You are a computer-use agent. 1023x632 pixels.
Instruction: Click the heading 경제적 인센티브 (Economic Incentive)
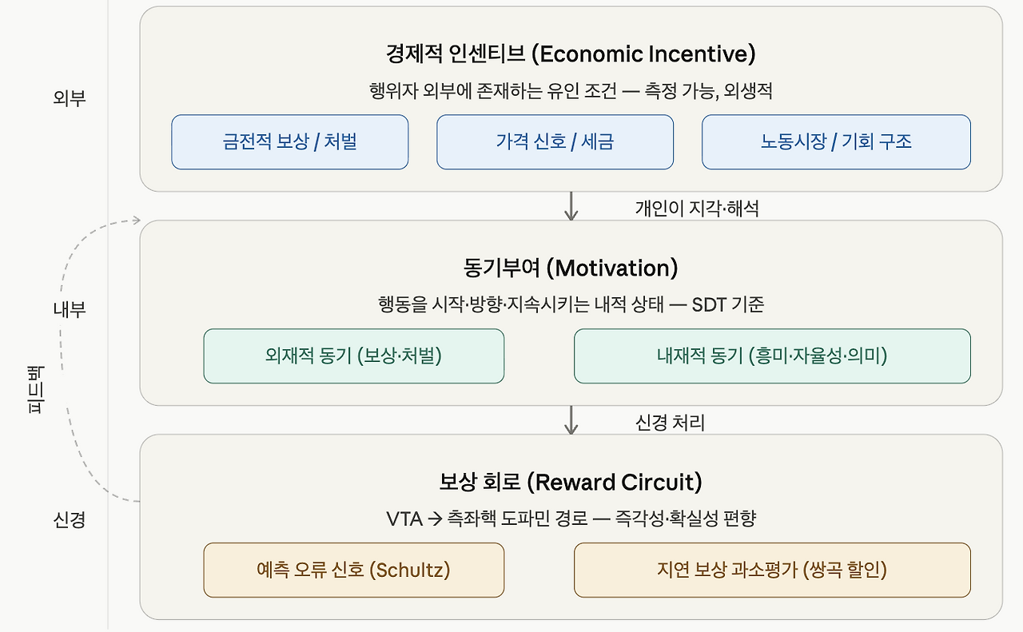[x=571, y=54]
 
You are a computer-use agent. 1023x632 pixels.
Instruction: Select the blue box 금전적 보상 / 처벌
[x=290, y=142]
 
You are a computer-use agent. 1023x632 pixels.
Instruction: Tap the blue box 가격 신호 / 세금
[x=555, y=142]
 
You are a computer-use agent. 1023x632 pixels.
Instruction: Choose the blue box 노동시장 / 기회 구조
[x=836, y=142]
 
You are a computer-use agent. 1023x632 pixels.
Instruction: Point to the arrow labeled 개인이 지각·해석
[x=571, y=206]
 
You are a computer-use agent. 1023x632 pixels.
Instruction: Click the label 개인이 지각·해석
[x=697, y=209]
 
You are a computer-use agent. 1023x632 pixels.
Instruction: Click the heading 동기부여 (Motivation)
[x=571, y=268]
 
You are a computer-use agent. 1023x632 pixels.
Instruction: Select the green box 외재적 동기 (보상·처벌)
[x=354, y=356]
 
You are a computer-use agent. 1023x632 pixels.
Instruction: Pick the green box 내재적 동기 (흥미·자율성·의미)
[x=772, y=356]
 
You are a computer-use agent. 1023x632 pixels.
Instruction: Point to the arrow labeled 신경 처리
[x=571, y=420]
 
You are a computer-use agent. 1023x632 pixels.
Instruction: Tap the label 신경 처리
[x=670, y=423]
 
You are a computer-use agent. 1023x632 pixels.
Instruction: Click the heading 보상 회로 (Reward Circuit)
[x=571, y=483]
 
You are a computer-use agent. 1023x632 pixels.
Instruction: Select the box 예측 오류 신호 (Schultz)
[x=354, y=570]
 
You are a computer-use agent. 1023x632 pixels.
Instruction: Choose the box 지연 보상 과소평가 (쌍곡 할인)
[x=772, y=570]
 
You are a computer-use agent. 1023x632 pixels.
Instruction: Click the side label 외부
[x=70, y=98]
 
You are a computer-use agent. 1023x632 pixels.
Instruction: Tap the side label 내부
[x=70, y=309]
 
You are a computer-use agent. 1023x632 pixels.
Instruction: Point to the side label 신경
[x=70, y=519]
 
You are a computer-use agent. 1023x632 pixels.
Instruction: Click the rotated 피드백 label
[x=35, y=390]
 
